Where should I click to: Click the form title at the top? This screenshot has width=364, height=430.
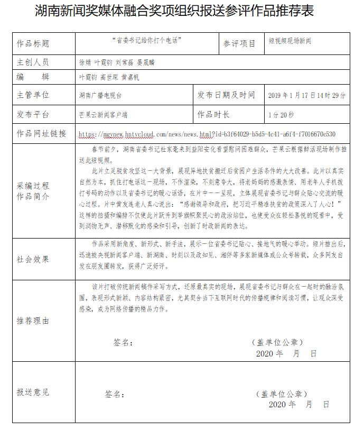coord(181,12)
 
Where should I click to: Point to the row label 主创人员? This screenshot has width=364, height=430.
coord(33,62)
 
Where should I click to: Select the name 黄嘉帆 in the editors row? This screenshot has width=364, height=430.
coord(130,77)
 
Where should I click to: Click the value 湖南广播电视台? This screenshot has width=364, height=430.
coord(100,96)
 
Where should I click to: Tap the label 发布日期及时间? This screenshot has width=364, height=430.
coord(226,95)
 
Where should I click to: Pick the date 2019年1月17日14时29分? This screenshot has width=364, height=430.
coord(307,96)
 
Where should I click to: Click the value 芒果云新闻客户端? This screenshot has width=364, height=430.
coord(103,114)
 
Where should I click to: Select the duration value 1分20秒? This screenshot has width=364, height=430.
coord(281,114)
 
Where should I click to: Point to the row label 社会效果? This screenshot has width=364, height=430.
coord(33,259)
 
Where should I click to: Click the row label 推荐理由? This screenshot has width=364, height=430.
coord(33,321)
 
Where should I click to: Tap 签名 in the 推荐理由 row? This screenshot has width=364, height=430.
coord(122,343)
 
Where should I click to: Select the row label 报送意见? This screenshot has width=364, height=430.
coord(33,392)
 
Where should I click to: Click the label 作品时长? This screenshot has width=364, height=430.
coord(213,114)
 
